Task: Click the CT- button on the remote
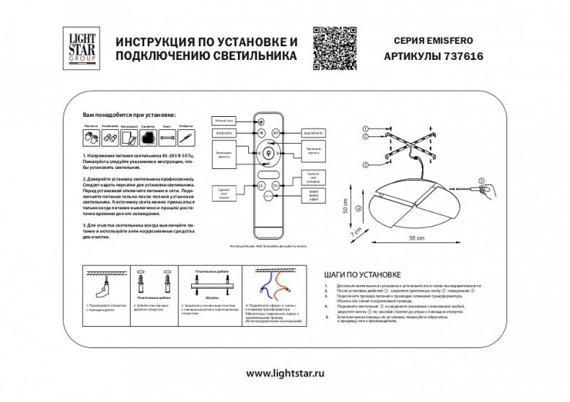[x=261, y=185]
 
